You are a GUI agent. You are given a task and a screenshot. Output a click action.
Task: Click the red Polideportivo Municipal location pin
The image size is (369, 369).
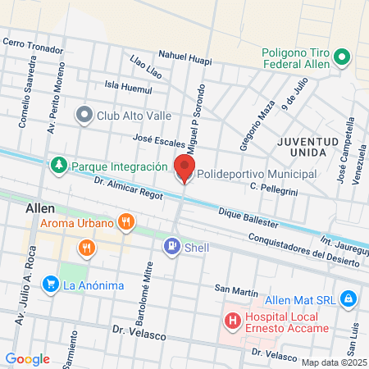184,170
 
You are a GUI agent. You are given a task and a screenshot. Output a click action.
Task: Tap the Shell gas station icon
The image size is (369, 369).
171,244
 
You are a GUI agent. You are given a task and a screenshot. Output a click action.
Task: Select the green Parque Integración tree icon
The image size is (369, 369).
58,166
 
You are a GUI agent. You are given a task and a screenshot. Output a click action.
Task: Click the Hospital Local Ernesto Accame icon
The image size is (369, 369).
233,321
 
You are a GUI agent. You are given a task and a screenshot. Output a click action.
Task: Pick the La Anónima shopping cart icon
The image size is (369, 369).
51,285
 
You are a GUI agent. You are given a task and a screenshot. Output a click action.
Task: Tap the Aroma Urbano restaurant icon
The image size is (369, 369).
125,221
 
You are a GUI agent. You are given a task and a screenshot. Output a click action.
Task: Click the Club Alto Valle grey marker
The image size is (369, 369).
84,115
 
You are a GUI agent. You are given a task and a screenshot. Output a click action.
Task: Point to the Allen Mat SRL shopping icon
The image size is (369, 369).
348,298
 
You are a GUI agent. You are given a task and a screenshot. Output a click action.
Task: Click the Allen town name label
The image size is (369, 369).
40,208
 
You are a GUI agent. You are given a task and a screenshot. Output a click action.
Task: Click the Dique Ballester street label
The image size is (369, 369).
248,217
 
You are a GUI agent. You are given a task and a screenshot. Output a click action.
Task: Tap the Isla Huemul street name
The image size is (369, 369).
129,84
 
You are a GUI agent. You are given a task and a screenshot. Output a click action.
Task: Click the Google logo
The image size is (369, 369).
28,358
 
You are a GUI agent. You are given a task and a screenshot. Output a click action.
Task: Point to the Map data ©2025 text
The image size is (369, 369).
332,362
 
